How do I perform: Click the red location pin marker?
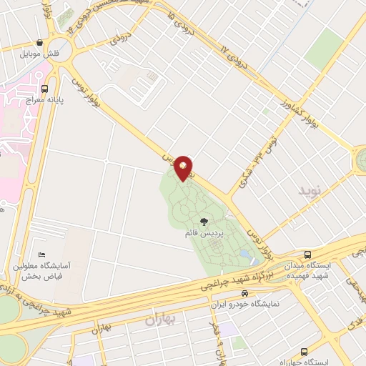(184, 167)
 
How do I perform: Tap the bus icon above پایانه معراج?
(45, 89)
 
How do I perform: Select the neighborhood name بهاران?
(160, 319)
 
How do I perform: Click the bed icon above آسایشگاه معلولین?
(42, 255)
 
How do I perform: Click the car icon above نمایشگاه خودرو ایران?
(245, 294)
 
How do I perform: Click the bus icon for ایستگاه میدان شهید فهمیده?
(308, 254)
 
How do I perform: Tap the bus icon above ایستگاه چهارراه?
(305, 352)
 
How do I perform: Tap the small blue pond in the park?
(245, 254)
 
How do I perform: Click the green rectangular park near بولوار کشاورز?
(325, 47)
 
